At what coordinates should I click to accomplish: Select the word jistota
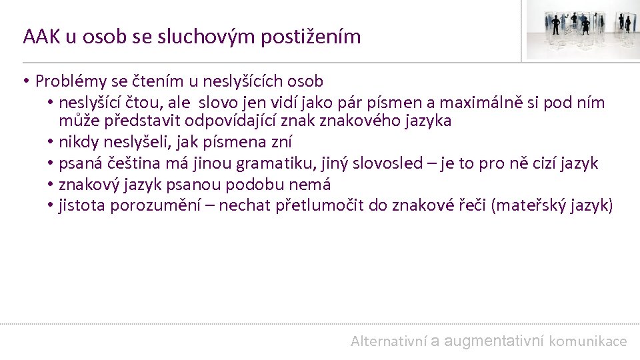81,205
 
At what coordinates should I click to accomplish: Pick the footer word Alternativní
388,341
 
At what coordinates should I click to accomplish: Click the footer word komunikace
588,341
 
